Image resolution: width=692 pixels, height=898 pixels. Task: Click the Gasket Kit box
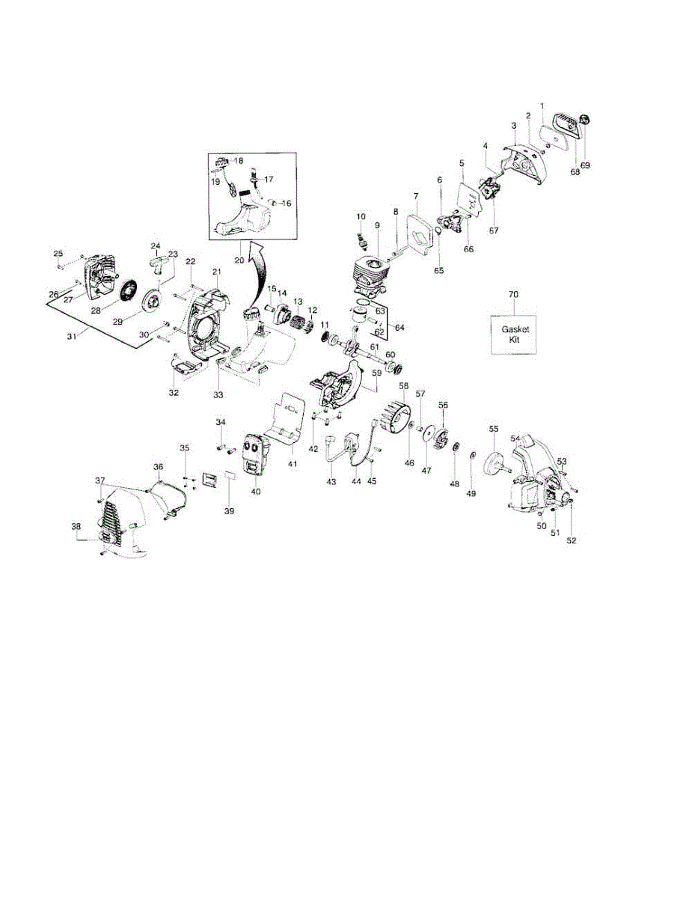click(513, 333)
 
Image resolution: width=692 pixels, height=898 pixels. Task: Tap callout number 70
click(513, 295)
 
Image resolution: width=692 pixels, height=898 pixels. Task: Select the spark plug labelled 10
click(363, 242)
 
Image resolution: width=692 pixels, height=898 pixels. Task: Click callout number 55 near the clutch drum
click(494, 429)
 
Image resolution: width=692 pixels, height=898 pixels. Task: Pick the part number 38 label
click(76, 527)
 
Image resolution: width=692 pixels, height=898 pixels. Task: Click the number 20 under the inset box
click(239, 260)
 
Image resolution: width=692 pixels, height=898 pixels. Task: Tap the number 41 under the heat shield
click(293, 463)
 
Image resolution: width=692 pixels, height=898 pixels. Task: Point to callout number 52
click(572, 539)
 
